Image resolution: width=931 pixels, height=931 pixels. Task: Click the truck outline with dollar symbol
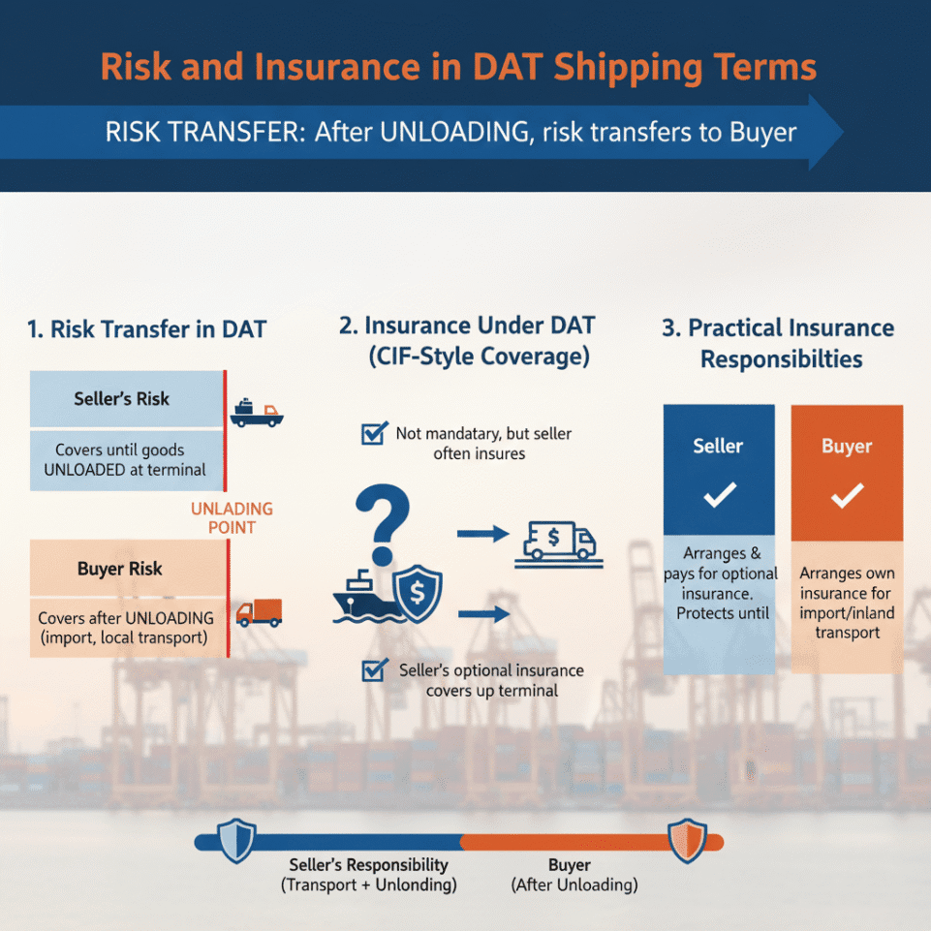(559, 542)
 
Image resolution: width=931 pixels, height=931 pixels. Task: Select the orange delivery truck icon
(259, 612)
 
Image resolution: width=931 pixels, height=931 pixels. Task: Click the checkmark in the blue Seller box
(719, 496)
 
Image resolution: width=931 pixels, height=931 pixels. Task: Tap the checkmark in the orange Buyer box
(847, 496)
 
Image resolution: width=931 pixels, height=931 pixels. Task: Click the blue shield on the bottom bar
(236, 840)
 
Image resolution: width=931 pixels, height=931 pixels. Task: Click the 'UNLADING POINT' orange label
(232, 518)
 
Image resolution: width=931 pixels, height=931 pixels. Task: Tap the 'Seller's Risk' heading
(121, 398)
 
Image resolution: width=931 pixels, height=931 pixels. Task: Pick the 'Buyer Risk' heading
(119, 569)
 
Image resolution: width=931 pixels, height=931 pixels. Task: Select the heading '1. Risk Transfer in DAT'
(147, 329)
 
